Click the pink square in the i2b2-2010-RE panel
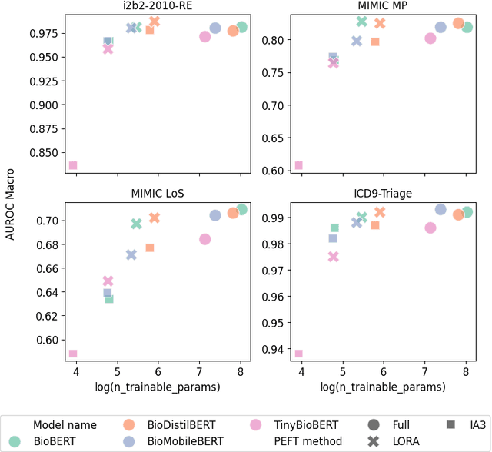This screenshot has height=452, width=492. pyautogui.click(x=73, y=165)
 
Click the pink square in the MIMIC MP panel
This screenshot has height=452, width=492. pyautogui.click(x=298, y=165)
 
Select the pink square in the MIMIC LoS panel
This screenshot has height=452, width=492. pyautogui.click(x=73, y=354)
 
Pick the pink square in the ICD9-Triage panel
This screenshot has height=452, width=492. pyautogui.click(x=298, y=354)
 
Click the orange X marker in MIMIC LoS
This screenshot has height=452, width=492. pyautogui.click(x=155, y=218)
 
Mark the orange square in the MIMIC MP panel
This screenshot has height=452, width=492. pyautogui.click(x=375, y=42)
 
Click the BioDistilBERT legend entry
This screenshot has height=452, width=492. pyautogui.click(x=169, y=424)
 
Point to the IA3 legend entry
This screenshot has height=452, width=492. pyautogui.click(x=465, y=424)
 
